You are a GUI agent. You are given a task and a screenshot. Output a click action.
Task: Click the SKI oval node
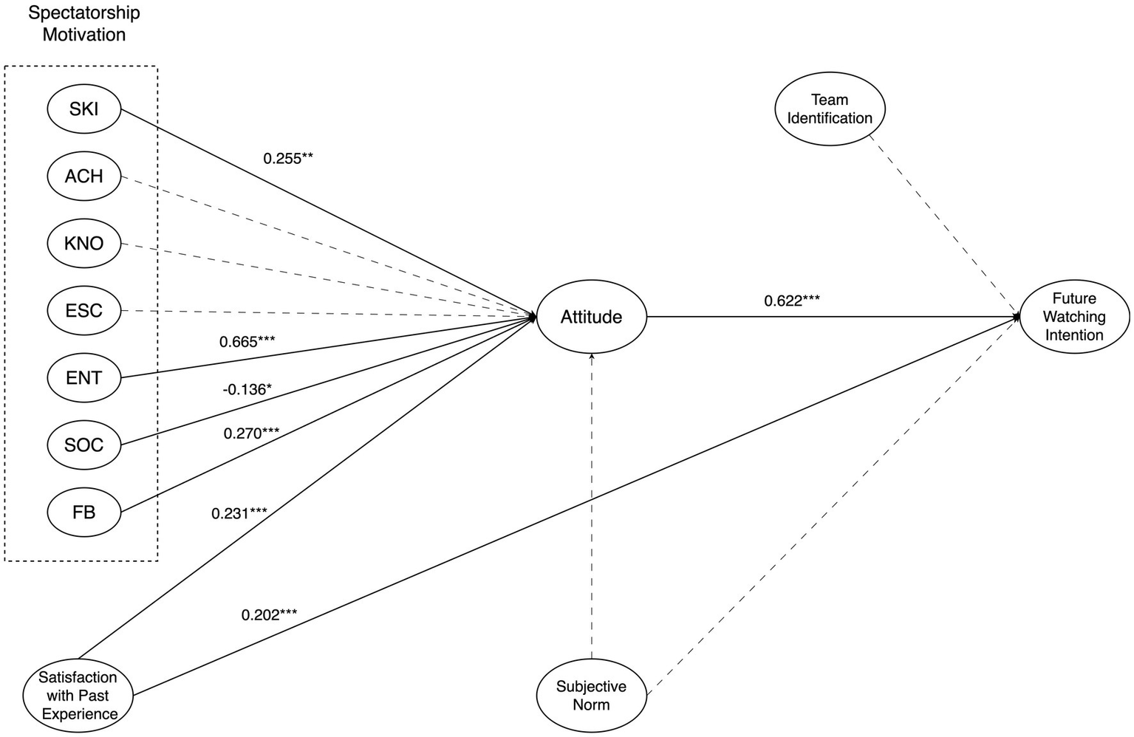[83, 109]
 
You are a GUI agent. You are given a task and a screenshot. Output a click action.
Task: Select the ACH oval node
[83, 176]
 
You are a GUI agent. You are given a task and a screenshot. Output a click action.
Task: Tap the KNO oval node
[83, 243]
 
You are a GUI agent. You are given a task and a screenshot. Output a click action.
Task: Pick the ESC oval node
[83, 310]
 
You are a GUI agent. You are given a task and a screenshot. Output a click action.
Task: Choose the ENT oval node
[83, 377]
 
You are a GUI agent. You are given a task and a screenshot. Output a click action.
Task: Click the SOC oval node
[83, 445]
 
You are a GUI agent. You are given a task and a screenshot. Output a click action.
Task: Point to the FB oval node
[83, 512]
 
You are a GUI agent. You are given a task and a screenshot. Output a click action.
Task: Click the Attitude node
[591, 317]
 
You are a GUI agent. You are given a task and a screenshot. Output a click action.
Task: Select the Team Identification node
[830, 109]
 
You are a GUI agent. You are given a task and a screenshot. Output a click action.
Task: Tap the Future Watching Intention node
[1074, 317]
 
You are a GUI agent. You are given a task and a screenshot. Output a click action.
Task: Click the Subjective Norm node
[591, 695]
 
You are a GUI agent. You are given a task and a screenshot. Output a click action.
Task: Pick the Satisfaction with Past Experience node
[78, 695]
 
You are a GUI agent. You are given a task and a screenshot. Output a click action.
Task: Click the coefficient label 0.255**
[288, 158]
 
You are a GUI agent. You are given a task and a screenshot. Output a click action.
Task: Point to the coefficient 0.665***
[247, 342]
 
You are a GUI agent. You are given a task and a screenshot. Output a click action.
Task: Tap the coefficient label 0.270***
[251, 433]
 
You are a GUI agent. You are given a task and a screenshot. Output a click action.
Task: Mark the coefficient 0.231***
[239, 513]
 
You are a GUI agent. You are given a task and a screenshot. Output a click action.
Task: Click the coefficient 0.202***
[269, 614]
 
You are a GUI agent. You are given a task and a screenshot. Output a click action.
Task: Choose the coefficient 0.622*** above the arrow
[792, 301]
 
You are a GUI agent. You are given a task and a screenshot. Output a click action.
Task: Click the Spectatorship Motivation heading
[83, 24]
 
